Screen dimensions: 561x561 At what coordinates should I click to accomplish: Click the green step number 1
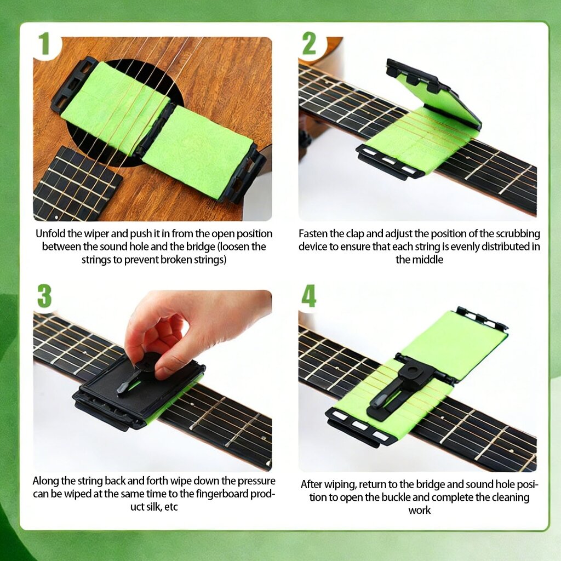click(x=44, y=44)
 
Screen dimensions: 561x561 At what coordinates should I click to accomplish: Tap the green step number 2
click(x=309, y=43)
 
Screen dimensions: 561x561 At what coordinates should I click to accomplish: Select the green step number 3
click(x=44, y=296)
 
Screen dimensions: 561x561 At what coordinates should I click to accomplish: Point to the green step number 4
click(x=309, y=296)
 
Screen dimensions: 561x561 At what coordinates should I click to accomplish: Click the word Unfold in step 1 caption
click(x=50, y=233)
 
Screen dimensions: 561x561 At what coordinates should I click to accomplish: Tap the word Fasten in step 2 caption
click(x=313, y=233)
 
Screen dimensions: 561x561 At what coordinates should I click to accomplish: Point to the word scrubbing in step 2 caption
click(x=518, y=233)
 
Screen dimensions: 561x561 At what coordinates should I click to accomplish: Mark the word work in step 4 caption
click(x=419, y=510)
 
